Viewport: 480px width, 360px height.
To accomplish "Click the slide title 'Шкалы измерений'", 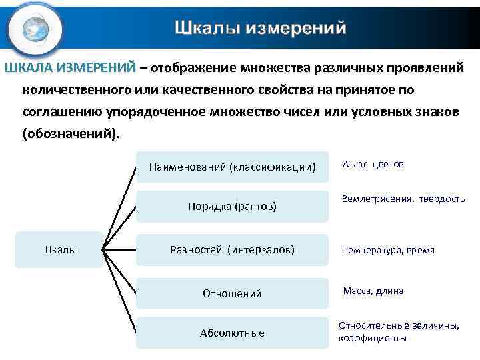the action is (261, 28).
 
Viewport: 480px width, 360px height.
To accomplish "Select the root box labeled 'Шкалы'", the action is (59, 250).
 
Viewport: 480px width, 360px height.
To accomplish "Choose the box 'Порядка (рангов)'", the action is (232, 207).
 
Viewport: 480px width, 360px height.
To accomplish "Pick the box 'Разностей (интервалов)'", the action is (232, 250).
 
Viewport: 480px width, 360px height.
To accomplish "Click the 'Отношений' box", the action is (232, 293).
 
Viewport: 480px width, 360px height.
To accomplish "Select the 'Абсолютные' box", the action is (232, 333).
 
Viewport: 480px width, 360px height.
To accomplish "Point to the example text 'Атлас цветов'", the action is (373, 164).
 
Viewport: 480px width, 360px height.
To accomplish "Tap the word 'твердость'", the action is (442, 199).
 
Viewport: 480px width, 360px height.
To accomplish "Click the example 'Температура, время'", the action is (388, 251).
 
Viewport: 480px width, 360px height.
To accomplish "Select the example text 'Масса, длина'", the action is (373, 291).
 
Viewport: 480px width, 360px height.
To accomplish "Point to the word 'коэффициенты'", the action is (373, 338).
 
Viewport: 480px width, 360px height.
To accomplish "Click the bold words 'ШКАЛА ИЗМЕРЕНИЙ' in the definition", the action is (71, 68).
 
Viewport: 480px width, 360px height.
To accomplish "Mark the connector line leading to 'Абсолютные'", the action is (120, 293).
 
